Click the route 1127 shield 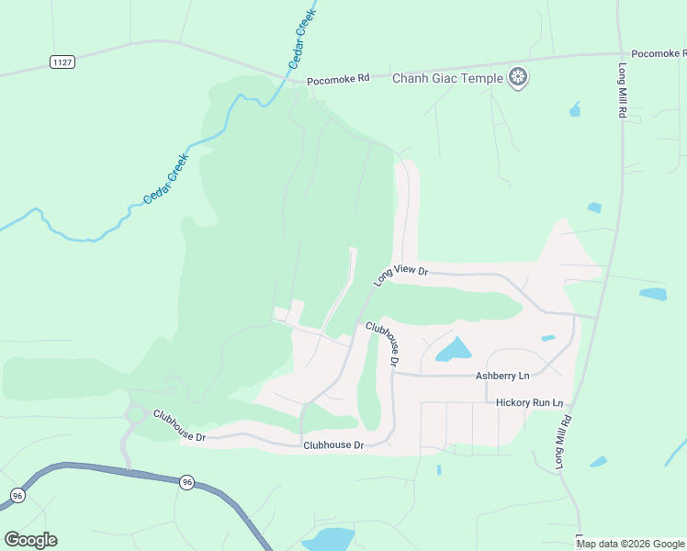[x=62, y=62]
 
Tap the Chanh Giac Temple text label [x=447, y=78]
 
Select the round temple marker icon [x=519, y=78]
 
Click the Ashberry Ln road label [x=502, y=376]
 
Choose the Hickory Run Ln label [x=529, y=402]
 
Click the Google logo [x=30, y=540]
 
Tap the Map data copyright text [x=629, y=544]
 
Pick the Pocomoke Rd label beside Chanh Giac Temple [x=338, y=80]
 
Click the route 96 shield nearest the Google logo [x=17, y=495]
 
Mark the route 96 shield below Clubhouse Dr [x=186, y=482]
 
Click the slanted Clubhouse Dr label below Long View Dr [x=382, y=343]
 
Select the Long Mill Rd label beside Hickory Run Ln [x=562, y=442]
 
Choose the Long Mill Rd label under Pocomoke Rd [x=622, y=89]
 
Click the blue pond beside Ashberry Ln [x=453, y=349]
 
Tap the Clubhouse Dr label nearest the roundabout [x=179, y=425]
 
